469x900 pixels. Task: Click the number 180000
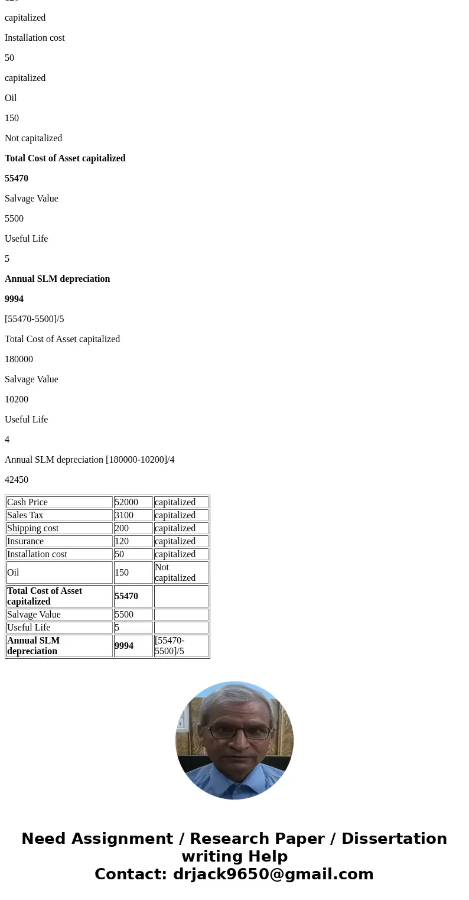pos(19,359)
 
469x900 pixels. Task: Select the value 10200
pos(17,399)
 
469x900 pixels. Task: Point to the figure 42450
pos(17,480)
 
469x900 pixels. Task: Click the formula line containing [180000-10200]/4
pos(90,460)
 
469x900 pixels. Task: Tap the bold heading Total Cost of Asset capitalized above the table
pos(65,158)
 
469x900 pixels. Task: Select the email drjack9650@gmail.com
pos(273,875)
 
